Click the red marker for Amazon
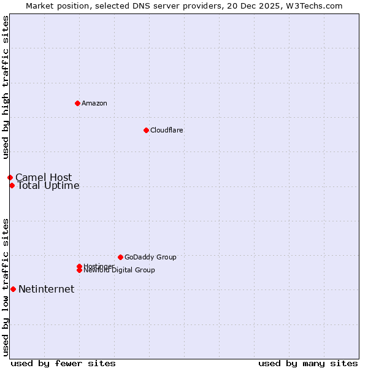[x=77, y=103]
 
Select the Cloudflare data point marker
[x=146, y=130]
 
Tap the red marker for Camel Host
[x=10, y=177]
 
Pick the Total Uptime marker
[x=12, y=185]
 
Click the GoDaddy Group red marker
[x=120, y=257]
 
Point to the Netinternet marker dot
[x=13, y=289]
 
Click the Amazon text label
[x=94, y=103]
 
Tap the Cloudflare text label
[x=167, y=130]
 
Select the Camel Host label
[x=44, y=178]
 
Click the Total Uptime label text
[x=48, y=186]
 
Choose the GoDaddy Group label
[x=150, y=257]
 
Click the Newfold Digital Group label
[x=120, y=270]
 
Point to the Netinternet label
[x=47, y=289]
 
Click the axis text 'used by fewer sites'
[x=63, y=363]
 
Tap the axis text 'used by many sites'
[x=308, y=363]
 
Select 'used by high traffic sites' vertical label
[x=6, y=88]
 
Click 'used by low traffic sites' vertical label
[x=6, y=287]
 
